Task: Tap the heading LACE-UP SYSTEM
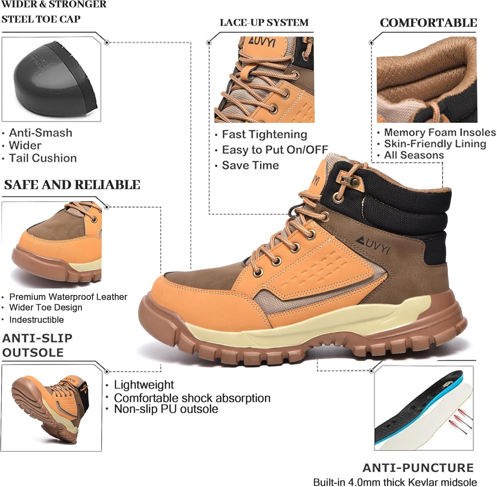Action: (x=264, y=23)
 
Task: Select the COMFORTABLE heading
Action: (x=428, y=23)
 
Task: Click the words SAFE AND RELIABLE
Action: (x=72, y=185)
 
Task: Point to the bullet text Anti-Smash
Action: (x=40, y=133)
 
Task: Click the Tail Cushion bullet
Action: (x=43, y=158)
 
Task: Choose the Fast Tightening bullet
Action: (x=264, y=135)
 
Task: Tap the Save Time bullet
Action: (x=250, y=165)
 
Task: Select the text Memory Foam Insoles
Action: (x=440, y=133)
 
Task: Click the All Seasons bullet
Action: (x=414, y=155)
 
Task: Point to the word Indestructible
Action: (x=36, y=320)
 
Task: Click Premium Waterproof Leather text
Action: (x=68, y=297)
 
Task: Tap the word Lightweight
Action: (x=144, y=385)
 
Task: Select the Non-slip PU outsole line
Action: (x=166, y=409)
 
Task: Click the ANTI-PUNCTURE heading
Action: (x=418, y=467)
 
